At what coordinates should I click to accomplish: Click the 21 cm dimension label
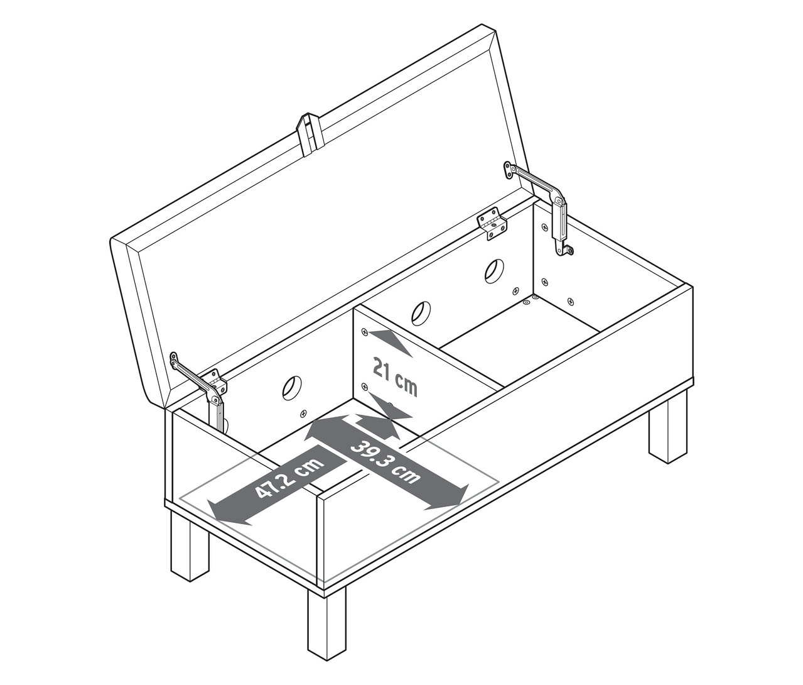click(394, 376)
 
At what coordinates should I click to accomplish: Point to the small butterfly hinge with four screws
click(492, 224)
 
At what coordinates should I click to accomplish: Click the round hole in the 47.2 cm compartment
click(292, 388)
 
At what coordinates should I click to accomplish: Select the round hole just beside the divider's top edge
click(421, 313)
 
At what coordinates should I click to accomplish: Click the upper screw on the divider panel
click(364, 332)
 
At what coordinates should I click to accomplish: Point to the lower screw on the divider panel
click(364, 386)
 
